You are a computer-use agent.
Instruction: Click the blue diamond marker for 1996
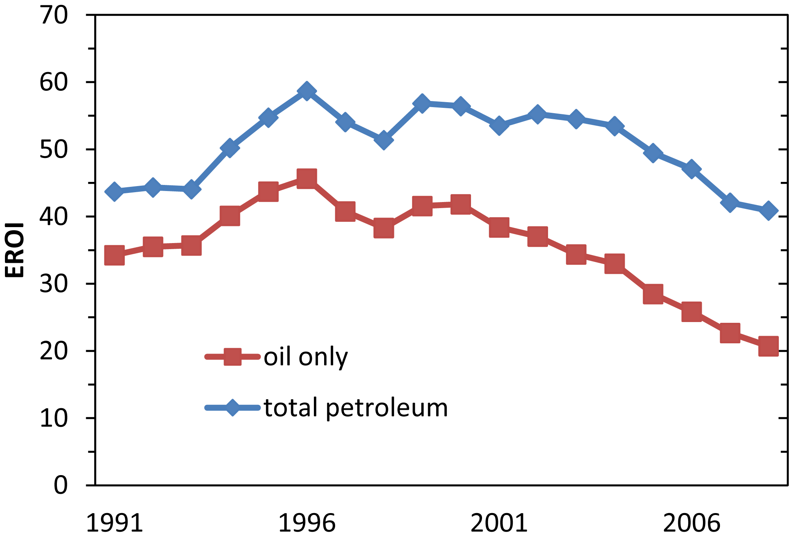[307, 91]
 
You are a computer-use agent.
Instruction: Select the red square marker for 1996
[307, 178]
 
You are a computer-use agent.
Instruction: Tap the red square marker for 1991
[114, 254]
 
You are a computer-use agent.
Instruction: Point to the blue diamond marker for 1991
[114, 191]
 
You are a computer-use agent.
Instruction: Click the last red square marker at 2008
[768, 346]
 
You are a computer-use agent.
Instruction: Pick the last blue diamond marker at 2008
[768, 210]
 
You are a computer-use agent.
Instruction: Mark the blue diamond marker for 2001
[499, 125]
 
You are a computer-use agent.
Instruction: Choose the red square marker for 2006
[691, 311]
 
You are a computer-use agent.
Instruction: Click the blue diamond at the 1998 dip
[383, 140]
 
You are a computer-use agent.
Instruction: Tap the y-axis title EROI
[15, 250]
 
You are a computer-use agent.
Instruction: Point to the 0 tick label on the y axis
[61, 485]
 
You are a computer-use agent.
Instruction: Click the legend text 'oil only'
[306, 357]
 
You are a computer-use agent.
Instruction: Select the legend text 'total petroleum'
[356, 408]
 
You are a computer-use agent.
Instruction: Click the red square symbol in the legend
[232, 357]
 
